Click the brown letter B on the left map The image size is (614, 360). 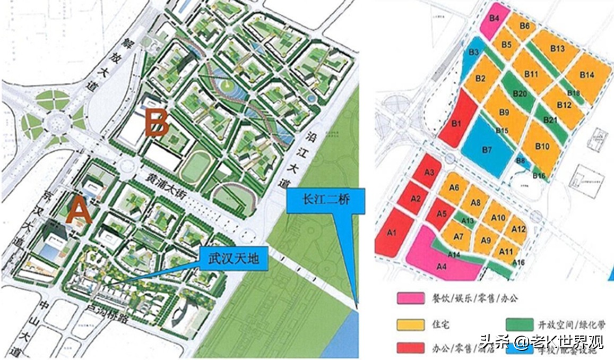tap(157, 124)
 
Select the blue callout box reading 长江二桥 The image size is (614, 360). tap(326, 201)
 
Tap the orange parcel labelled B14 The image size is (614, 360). tap(586, 76)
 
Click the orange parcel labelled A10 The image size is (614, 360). tap(498, 218)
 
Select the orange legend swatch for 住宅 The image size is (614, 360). tap(410, 323)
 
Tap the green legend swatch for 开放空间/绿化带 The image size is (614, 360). tap(519, 323)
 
